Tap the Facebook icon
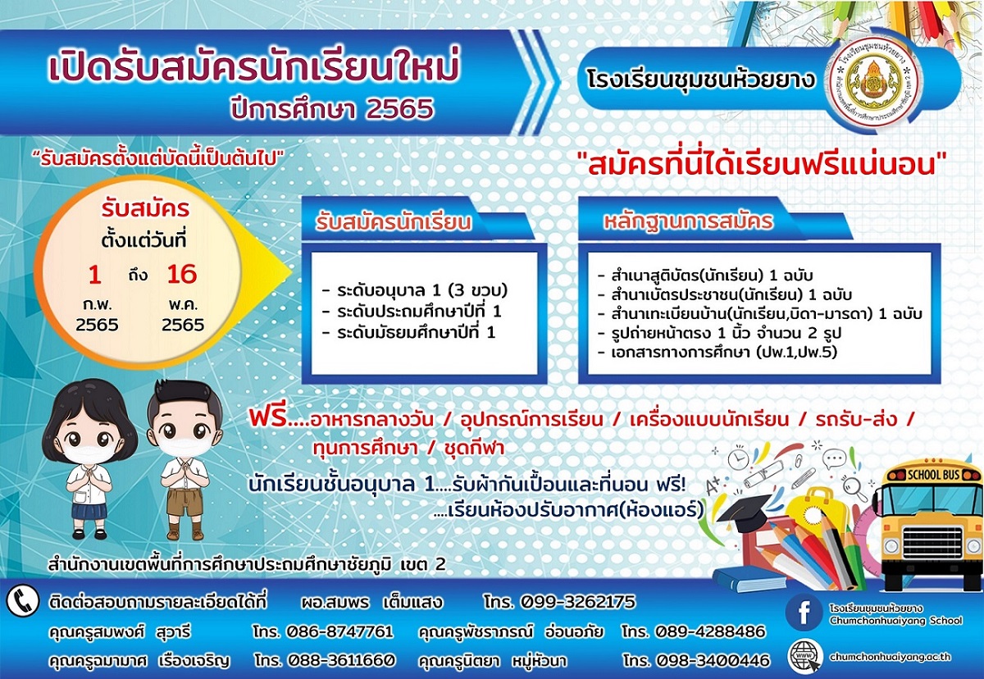[804, 613]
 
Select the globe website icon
[804, 657]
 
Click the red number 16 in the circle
[182, 275]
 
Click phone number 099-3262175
[577, 601]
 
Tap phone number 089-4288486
[710, 631]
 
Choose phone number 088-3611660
[341, 660]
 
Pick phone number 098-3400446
[713, 660]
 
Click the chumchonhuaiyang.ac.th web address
[890, 657]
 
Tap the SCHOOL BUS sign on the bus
[933, 475]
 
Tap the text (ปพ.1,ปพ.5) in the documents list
[796, 352]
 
